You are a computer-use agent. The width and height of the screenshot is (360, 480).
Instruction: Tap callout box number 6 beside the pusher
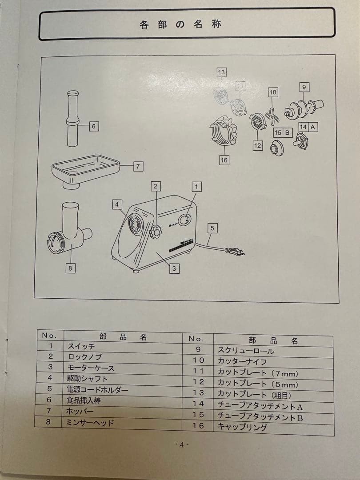tap(93, 126)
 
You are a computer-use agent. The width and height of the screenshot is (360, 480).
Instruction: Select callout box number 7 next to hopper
tap(138, 166)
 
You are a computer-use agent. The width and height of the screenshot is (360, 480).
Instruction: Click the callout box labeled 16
tap(224, 160)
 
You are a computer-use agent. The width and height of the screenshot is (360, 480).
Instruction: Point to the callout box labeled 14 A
tap(308, 127)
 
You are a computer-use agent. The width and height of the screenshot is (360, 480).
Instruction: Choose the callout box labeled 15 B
tap(282, 132)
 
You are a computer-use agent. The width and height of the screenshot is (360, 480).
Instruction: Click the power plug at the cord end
tap(234, 252)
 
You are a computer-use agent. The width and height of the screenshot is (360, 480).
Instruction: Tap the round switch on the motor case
tap(184, 220)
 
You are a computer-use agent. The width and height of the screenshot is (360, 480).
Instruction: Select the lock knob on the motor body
tap(155, 232)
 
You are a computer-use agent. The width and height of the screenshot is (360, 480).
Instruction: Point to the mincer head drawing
tap(69, 231)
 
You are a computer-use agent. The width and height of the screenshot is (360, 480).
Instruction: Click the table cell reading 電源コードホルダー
tap(98, 390)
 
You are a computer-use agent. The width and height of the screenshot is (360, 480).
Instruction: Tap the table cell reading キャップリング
tap(242, 427)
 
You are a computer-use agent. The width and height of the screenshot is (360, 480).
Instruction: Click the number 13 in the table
tap(198, 393)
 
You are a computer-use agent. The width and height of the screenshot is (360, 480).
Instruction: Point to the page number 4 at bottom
tap(181, 445)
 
